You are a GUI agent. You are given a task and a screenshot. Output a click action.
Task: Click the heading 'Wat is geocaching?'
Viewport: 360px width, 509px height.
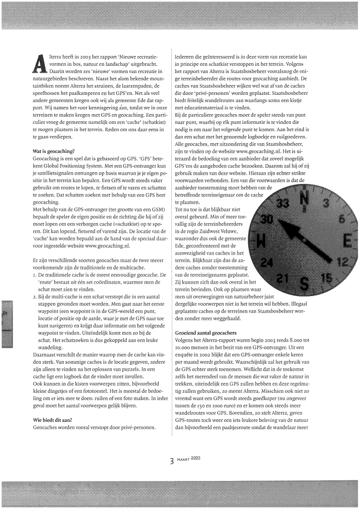click(53, 151)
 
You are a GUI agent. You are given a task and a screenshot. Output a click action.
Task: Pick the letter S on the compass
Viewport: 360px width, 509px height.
click(305, 283)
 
